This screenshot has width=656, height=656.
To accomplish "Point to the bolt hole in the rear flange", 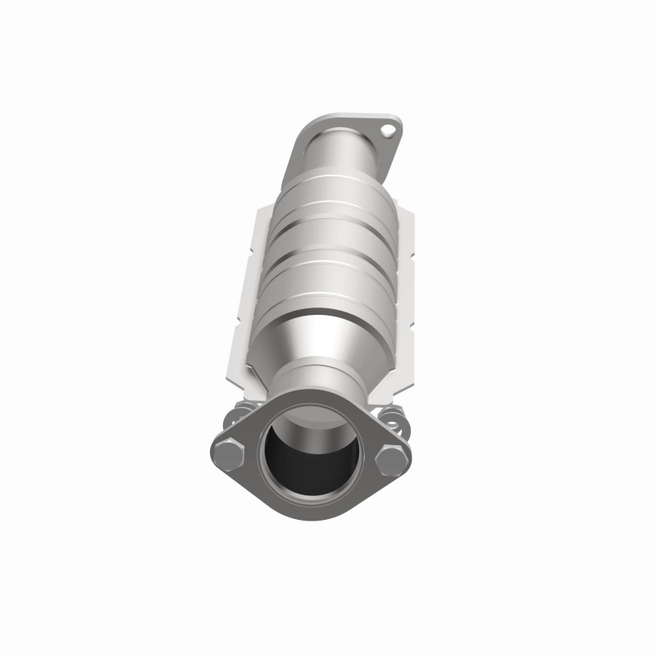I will coord(390,130).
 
